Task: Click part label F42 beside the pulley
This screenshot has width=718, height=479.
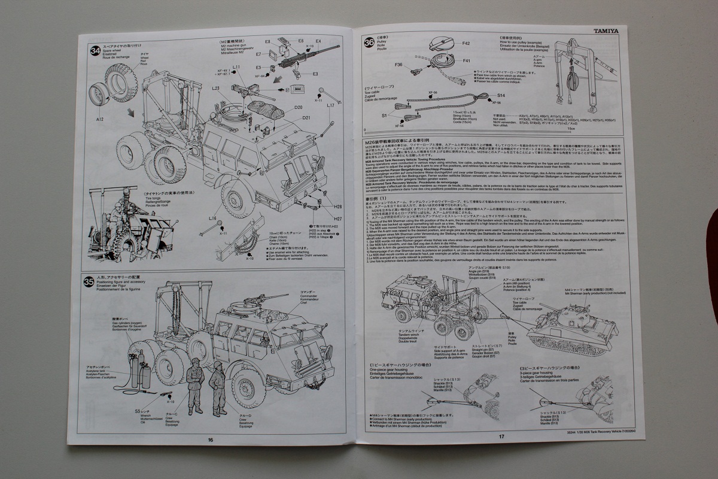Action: [467, 44]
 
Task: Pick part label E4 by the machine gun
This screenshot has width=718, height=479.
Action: [318, 41]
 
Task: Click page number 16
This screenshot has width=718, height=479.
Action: [210, 439]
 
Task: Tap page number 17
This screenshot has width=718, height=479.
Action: [501, 436]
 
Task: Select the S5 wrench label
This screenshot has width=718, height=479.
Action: [138, 411]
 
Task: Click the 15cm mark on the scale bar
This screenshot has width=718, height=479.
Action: [571, 129]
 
